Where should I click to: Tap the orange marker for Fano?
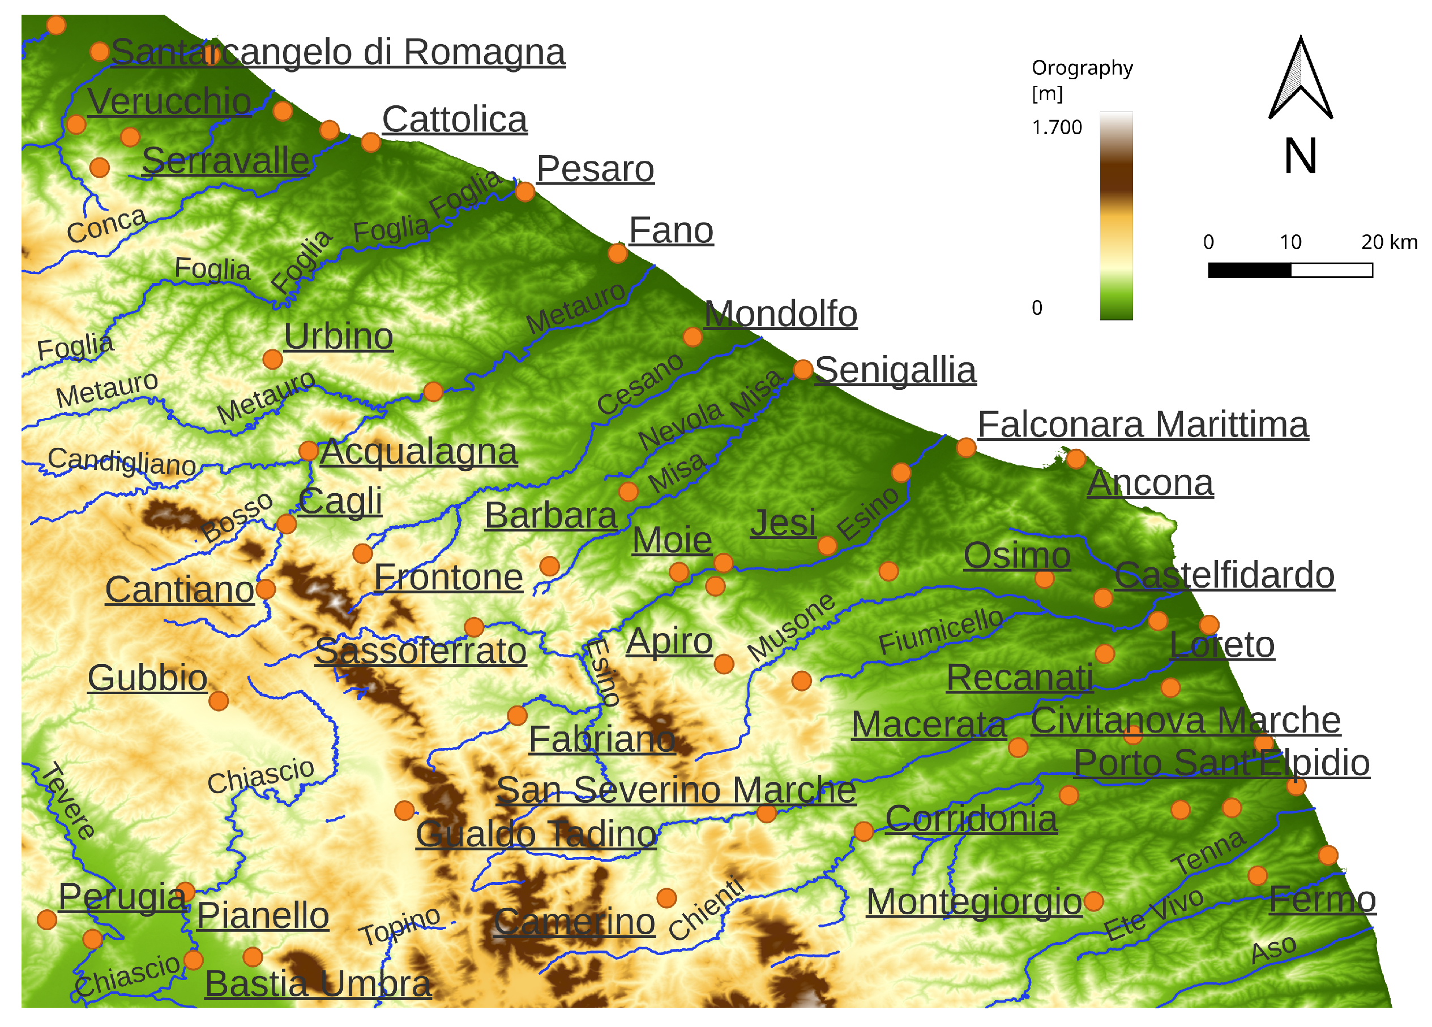(x=618, y=253)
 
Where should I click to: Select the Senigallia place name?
(x=895, y=370)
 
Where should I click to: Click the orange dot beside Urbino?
(x=272, y=359)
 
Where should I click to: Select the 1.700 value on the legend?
(x=1057, y=127)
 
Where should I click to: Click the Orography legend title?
(x=1082, y=68)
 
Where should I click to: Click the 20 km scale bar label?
(x=1388, y=242)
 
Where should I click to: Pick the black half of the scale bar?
(x=1249, y=270)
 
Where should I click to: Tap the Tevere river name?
(x=68, y=801)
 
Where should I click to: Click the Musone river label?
(x=791, y=627)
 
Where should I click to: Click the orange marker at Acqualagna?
(x=308, y=451)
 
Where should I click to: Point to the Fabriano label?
(x=602, y=739)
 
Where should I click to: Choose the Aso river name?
(x=1273, y=949)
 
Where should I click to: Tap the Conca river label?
(x=106, y=225)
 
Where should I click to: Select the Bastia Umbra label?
(x=318, y=983)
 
